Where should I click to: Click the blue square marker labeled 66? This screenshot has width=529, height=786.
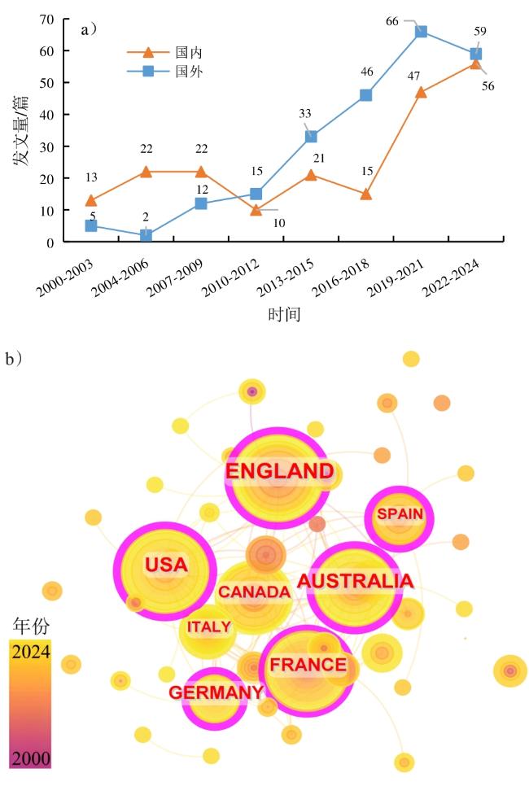tap(421, 32)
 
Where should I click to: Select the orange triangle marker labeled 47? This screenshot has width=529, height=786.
tap(421, 92)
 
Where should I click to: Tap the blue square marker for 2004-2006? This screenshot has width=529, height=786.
tap(146, 235)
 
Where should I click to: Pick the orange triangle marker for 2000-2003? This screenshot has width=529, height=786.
tap(91, 201)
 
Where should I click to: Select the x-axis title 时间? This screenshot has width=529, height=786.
tap(285, 314)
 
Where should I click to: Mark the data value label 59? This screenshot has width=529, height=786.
tap(480, 33)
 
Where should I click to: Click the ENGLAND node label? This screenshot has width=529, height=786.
tap(279, 471)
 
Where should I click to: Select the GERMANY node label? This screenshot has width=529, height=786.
tap(216, 692)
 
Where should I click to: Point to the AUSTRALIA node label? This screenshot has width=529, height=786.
tap(355, 581)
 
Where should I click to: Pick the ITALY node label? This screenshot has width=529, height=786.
tap(209, 627)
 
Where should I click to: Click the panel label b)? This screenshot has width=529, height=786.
tap(14, 359)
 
